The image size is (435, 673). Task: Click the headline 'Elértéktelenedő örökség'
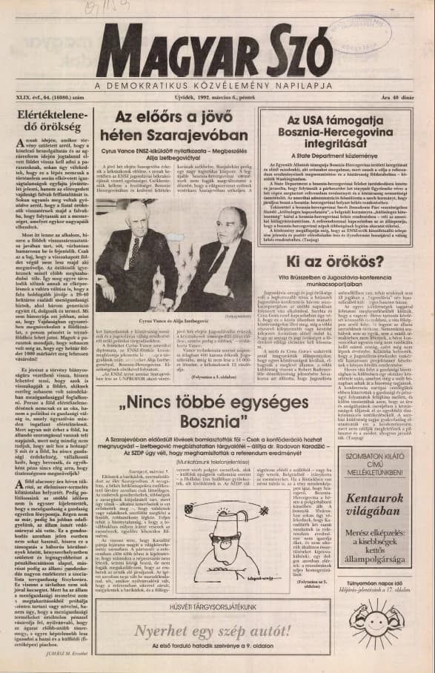(49, 122)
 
